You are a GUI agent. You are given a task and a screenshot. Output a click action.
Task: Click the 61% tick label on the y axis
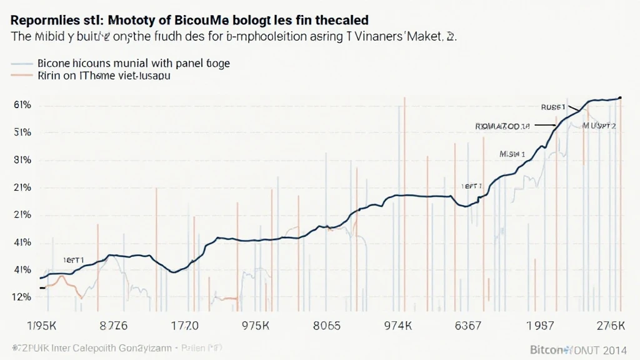[22, 105]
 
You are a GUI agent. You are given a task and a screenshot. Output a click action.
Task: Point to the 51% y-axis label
[22, 132]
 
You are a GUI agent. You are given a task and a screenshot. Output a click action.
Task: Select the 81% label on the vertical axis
[22, 160]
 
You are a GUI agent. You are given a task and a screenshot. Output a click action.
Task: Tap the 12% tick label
[22, 297]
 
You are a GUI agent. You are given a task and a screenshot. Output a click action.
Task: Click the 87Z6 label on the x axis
[114, 326]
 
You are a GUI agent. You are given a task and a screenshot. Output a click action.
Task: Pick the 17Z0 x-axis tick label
[184, 326]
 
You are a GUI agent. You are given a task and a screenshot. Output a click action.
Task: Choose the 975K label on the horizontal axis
[255, 326]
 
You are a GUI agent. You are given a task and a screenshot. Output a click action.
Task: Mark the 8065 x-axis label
[326, 326]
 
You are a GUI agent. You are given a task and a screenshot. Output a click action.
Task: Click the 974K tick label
[397, 326]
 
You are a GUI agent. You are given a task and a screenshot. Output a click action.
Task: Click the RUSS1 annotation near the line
[552, 107]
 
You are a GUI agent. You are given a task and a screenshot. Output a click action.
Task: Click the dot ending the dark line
[620, 97]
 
